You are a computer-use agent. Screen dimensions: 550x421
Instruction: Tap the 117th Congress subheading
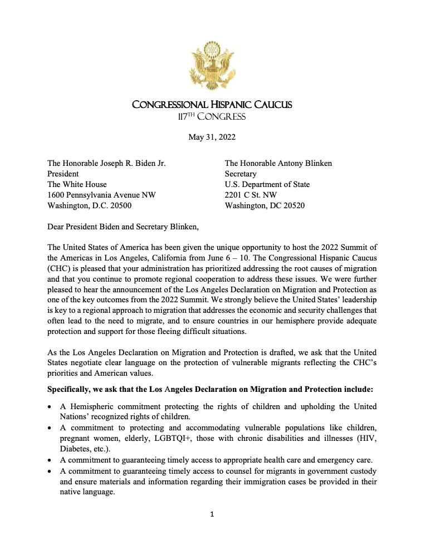tap(211, 116)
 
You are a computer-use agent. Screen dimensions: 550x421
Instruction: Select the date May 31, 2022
tap(210, 138)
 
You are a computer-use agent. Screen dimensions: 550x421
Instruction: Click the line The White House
tap(77, 184)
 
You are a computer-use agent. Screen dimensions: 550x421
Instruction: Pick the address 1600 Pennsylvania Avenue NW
tap(101, 195)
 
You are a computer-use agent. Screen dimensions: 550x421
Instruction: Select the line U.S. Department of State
tap(267, 184)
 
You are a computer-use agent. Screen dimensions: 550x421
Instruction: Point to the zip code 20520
tap(293, 205)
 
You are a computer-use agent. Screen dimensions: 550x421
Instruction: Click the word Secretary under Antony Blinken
tap(241, 174)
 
